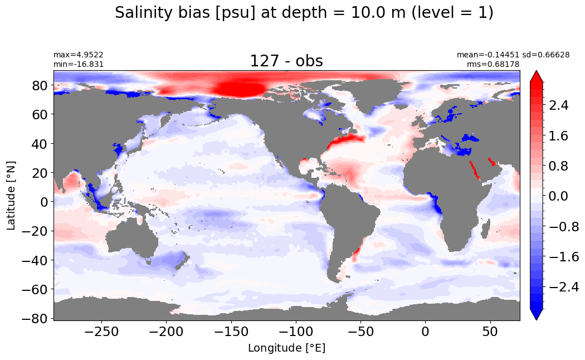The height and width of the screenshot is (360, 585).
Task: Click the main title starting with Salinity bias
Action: click(304, 13)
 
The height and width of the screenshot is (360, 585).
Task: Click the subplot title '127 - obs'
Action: click(286, 61)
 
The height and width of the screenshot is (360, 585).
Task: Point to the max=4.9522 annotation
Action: click(79, 55)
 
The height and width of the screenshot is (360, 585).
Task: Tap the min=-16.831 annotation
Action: click(79, 65)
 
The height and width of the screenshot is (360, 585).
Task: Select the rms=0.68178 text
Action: click(493, 64)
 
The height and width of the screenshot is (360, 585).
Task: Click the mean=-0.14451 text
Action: click(488, 55)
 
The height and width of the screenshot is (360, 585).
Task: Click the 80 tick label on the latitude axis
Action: click(39, 85)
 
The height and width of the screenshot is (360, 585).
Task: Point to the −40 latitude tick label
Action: click(35, 260)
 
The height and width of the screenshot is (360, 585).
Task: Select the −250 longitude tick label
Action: click(101, 331)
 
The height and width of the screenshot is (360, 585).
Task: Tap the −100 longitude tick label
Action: click(296, 331)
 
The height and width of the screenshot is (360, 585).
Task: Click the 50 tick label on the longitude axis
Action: click(490, 331)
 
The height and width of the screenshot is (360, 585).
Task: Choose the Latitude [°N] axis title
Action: click(11, 196)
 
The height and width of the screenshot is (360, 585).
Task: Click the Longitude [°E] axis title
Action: click(286, 348)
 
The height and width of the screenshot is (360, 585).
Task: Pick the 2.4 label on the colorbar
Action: click(558, 105)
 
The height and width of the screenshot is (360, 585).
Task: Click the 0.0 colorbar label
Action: click(558, 196)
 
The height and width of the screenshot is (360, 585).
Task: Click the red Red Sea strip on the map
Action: click(475, 171)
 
